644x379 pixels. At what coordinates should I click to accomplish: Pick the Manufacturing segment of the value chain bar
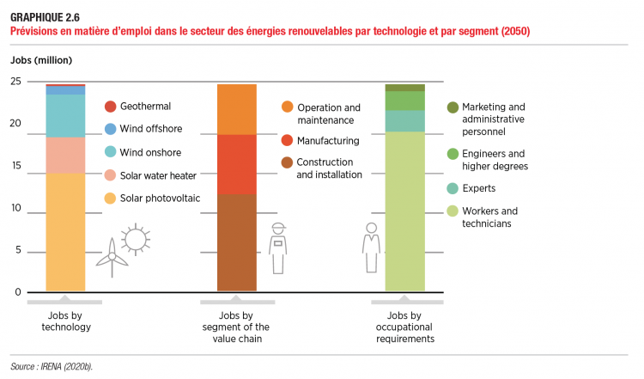tap(237, 164)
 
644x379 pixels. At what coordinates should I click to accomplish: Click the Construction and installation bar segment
tap(237, 242)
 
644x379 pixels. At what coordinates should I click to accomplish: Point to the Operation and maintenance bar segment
tap(237, 109)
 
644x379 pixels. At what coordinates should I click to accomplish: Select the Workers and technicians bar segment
tap(405, 211)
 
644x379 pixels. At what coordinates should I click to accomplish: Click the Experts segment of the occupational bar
tap(405, 121)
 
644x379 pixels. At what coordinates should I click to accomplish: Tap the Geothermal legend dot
tap(111, 107)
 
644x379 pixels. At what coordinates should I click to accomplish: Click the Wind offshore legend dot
tap(111, 130)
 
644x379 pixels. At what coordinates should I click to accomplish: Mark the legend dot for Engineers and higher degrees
tap(453, 154)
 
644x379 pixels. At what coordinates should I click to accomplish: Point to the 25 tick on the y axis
tap(16, 81)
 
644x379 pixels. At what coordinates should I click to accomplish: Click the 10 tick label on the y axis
tap(16, 208)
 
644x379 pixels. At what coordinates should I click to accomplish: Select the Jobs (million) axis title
tap(41, 60)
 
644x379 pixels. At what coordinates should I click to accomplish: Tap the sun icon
tap(137, 239)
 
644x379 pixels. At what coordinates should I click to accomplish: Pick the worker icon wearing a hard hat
tap(277, 248)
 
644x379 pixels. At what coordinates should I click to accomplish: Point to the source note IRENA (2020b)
tap(52, 366)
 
